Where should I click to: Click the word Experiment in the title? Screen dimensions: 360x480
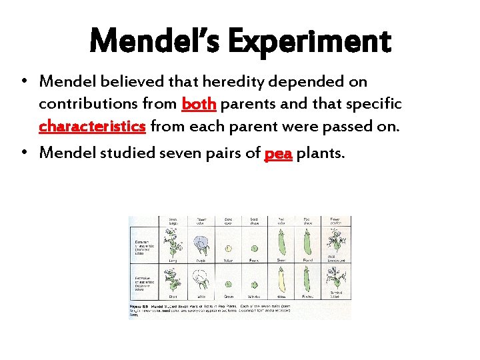(x=309, y=41)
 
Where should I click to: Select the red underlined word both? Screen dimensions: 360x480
(x=198, y=105)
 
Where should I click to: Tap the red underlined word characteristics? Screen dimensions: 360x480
(x=92, y=127)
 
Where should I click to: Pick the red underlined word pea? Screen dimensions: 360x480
(x=278, y=153)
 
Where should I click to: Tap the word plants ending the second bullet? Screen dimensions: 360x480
(x=320, y=153)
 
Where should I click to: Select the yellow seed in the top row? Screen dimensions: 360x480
(x=227, y=248)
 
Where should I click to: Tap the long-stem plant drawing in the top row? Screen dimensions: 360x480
(x=173, y=244)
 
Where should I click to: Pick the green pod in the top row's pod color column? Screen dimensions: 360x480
(x=281, y=244)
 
